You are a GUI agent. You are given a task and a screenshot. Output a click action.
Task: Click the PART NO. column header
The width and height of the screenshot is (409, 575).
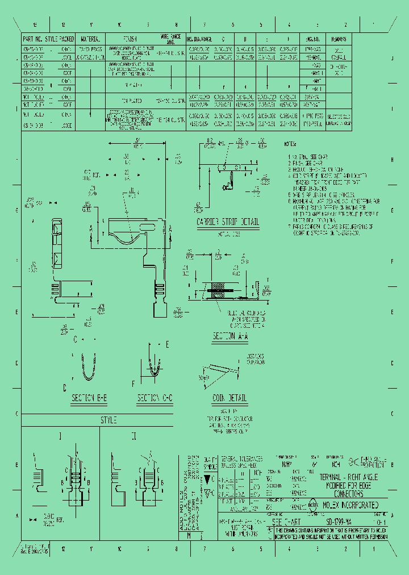[x=34, y=39]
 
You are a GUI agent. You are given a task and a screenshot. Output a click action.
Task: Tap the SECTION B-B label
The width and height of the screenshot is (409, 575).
[x=89, y=399]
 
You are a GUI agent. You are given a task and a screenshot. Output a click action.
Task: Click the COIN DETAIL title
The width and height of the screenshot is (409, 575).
[x=229, y=398]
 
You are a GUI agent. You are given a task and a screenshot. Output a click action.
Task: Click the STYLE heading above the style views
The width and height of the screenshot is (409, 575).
[x=108, y=420]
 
